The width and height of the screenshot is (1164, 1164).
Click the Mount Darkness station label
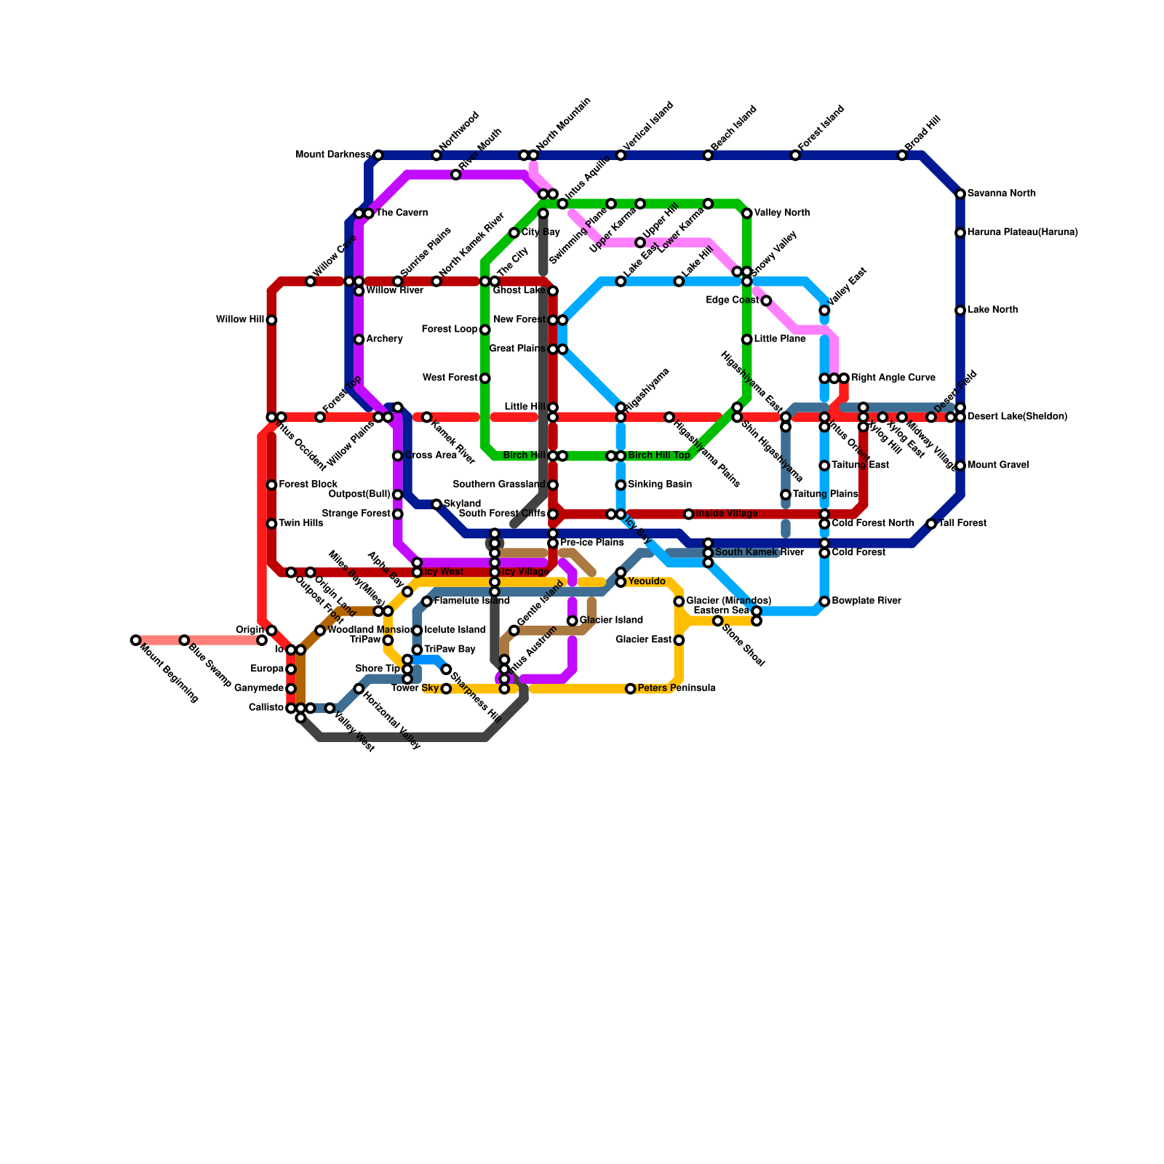click(333, 155)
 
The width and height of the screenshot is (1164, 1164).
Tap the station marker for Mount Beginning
click(135, 640)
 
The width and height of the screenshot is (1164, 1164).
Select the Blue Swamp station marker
click(184, 640)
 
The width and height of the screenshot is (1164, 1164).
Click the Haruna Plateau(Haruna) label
click(1023, 233)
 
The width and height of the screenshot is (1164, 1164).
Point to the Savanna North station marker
click(960, 194)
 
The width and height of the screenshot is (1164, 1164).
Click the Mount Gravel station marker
click(960, 466)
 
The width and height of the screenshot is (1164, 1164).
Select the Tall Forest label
click(962, 524)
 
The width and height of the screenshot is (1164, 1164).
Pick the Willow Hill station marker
click(271, 320)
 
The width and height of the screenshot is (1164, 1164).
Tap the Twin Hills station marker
click(271, 524)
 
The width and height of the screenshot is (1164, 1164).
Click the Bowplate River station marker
click(824, 602)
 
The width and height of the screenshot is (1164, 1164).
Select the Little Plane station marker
click(746, 340)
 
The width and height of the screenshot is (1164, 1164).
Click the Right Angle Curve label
click(893, 378)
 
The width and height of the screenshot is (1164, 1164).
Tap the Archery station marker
click(359, 340)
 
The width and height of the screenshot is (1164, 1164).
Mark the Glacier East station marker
click(679, 640)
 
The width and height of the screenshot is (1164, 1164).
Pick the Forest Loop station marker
click(485, 330)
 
